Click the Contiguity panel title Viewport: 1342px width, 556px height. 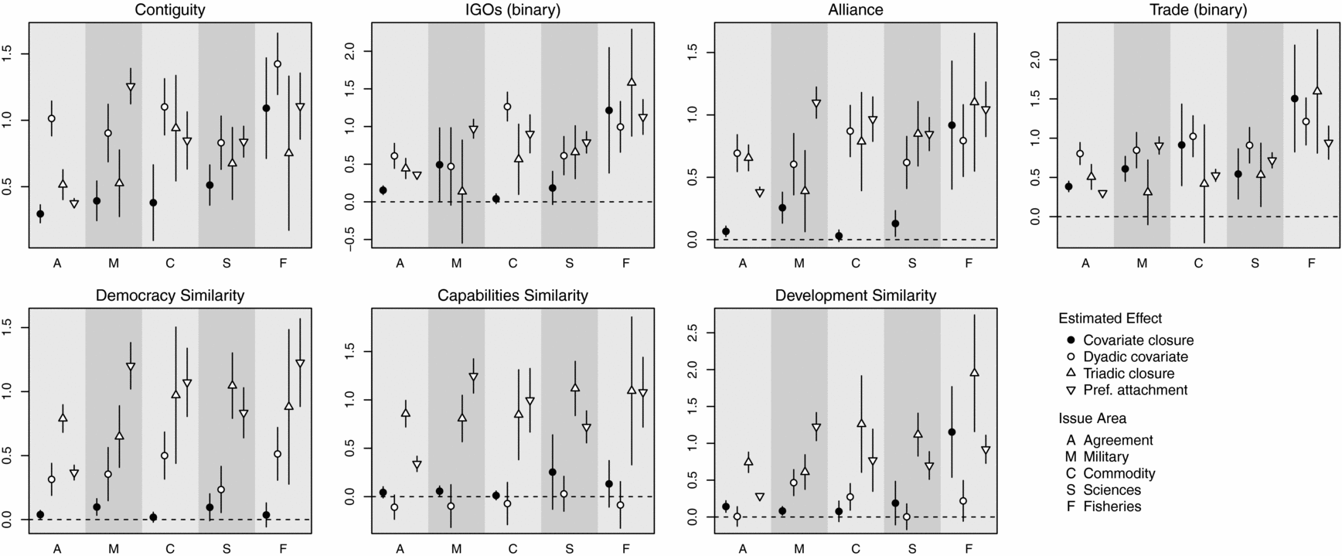click(169, 10)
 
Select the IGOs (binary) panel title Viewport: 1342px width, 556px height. click(513, 10)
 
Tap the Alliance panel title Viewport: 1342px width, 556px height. click(855, 10)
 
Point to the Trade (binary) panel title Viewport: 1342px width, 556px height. click(1198, 10)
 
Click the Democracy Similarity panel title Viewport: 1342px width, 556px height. click(169, 295)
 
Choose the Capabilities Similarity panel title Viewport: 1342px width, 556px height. click(513, 295)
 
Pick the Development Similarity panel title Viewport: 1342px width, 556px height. click(855, 295)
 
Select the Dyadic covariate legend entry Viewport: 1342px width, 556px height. click(1135, 356)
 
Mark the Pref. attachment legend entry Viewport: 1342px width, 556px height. click(1135, 390)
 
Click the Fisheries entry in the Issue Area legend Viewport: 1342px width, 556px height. click(1112, 507)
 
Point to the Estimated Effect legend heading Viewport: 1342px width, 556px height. click(1110, 318)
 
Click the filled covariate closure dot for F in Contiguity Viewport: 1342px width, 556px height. click(266, 108)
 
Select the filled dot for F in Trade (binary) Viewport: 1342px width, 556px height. click(1294, 98)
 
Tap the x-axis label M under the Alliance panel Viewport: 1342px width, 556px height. click(799, 264)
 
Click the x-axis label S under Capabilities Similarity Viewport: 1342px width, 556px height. click(570, 549)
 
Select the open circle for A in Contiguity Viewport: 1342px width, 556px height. click(52, 118)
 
